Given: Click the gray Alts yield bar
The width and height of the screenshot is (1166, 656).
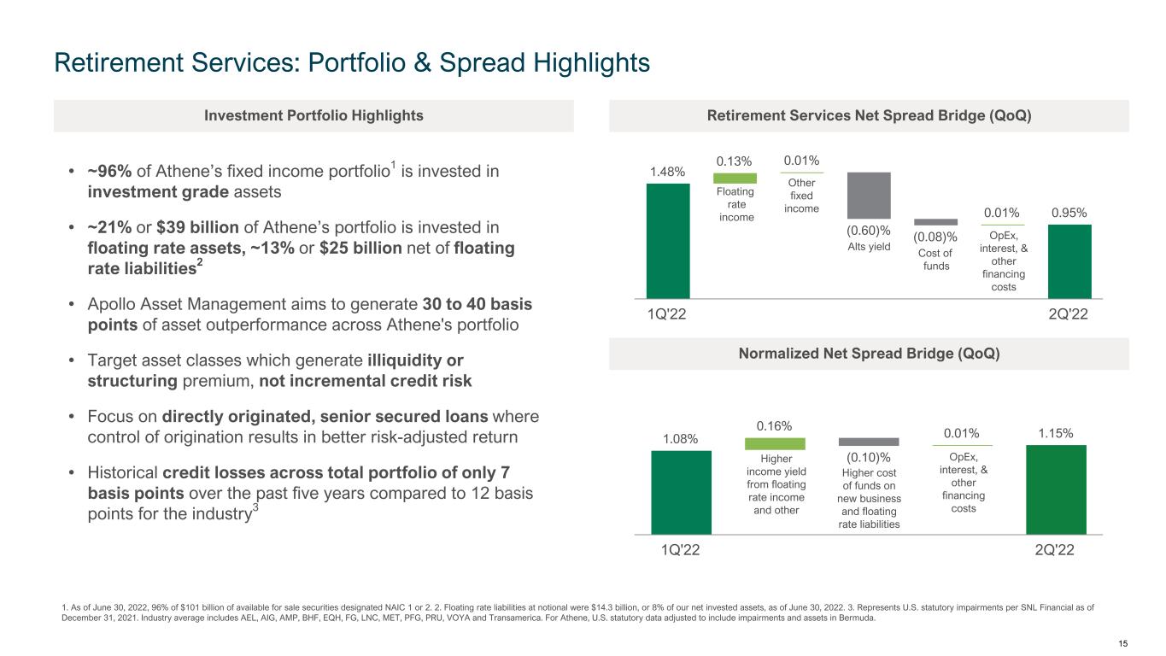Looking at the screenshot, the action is click(869, 196).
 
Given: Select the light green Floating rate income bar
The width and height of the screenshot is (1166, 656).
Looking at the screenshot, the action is click(735, 178).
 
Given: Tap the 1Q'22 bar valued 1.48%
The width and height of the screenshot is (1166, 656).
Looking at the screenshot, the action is click(668, 241).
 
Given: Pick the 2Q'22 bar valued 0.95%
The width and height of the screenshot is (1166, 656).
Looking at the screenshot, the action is click(1069, 261).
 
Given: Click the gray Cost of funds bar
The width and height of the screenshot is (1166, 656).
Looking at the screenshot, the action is click(936, 222).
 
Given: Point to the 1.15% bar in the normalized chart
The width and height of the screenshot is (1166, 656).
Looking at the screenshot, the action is click(1056, 489).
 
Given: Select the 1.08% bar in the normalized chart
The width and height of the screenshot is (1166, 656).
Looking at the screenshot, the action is click(682, 493).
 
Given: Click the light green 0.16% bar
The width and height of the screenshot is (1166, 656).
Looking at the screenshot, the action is click(775, 443).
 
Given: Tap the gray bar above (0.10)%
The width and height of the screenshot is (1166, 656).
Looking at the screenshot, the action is click(869, 442).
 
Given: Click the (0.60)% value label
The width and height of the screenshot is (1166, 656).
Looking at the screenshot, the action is click(869, 230).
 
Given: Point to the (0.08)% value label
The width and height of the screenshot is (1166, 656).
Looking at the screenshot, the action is click(935, 237).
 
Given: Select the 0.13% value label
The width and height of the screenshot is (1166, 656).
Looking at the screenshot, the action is click(734, 161).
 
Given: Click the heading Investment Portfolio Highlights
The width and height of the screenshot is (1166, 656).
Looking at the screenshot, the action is click(313, 115).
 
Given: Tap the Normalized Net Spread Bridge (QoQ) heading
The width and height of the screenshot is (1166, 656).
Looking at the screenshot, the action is click(870, 354).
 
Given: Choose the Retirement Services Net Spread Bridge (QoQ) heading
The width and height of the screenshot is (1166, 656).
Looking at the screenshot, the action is click(870, 115).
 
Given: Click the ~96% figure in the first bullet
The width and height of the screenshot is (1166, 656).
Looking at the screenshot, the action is click(109, 171).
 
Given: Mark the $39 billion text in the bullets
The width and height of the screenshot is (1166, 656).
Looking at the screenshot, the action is click(198, 227).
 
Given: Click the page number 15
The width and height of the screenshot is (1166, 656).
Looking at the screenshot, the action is click(1122, 643).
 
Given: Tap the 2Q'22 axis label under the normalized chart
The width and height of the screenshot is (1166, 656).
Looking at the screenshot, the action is click(1055, 550).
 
